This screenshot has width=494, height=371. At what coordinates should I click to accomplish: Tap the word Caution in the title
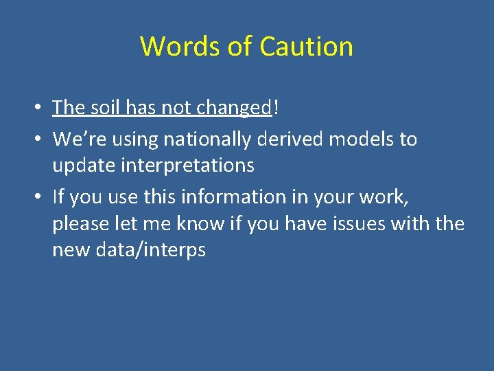307,47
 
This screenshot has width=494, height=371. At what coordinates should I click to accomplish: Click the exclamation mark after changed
276,108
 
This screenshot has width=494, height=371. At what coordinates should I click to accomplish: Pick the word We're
75,139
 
